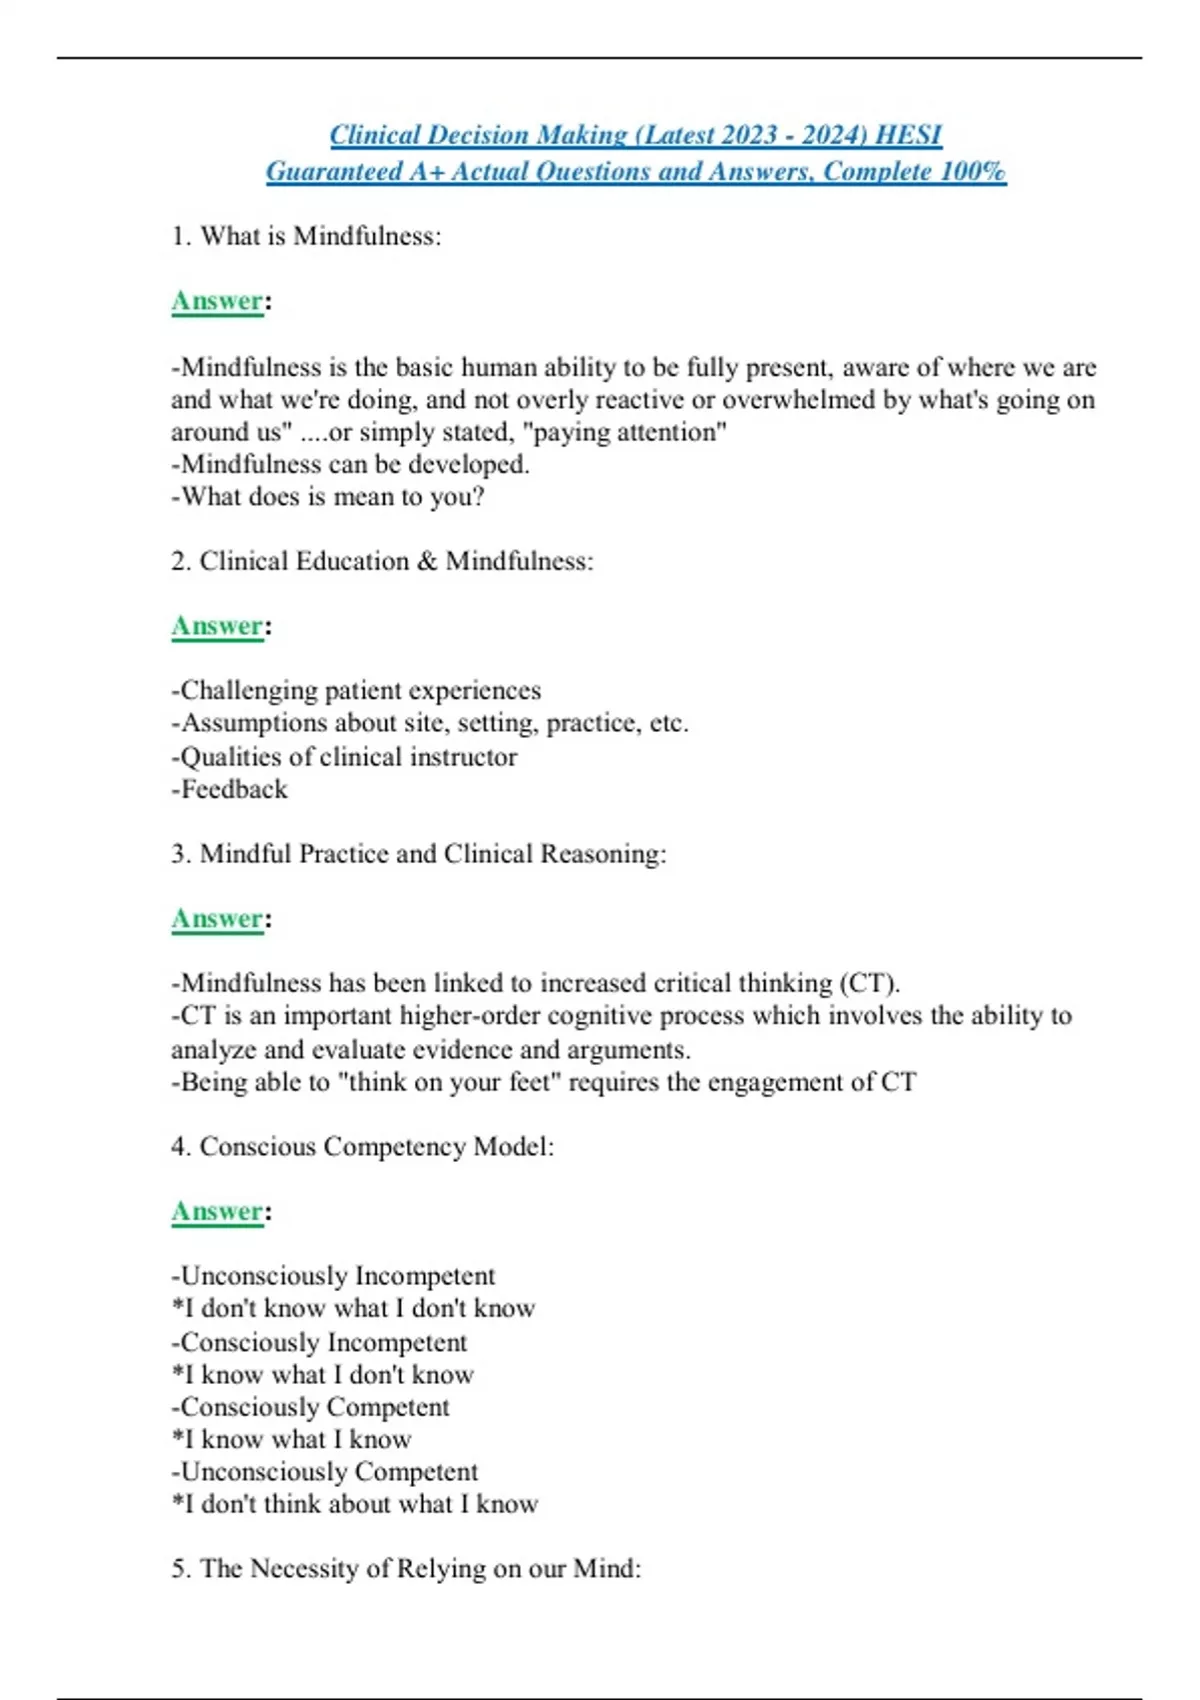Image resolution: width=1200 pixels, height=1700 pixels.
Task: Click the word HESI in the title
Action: coord(908,135)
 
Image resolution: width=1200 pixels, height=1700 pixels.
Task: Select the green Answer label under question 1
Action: coord(217,301)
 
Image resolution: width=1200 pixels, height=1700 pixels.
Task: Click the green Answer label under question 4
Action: coord(217,1211)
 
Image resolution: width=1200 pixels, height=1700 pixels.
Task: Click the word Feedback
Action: coord(234,789)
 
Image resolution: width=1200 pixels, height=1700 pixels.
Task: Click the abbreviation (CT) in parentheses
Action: coord(869,983)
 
